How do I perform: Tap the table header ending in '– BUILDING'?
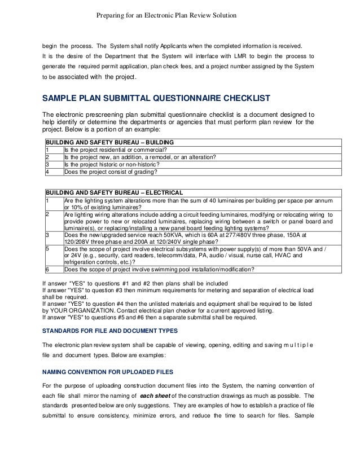click(109, 142)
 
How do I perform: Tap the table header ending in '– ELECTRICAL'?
click(113, 192)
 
